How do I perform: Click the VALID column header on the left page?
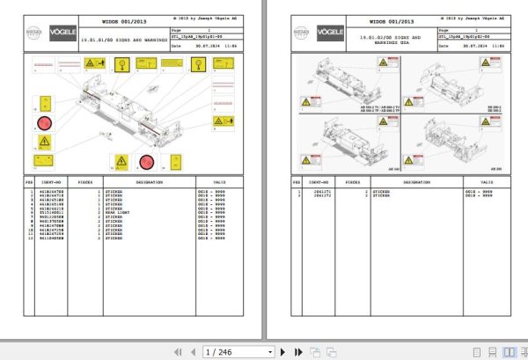coord(219,184)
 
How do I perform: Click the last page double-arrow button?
coord(297,351)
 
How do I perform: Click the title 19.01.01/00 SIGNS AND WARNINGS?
coord(121,40)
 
